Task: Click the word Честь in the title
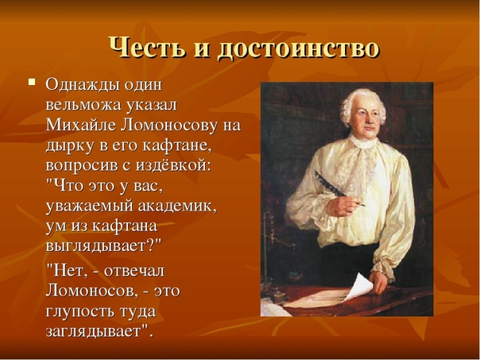[x=147, y=48]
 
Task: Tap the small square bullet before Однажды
[x=32, y=82]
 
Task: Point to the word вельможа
[x=83, y=106]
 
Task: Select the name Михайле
[x=81, y=126]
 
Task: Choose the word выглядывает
[x=96, y=246]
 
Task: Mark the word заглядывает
[x=92, y=332]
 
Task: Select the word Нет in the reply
[x=68, y=271]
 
